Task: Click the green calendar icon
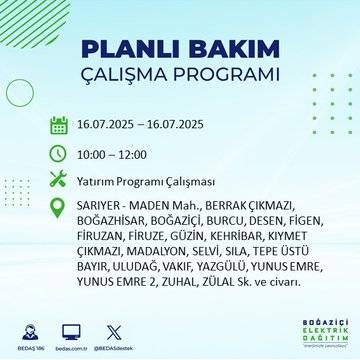coord(58,125)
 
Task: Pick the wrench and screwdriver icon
coord(58,180)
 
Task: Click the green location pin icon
coord(58,207)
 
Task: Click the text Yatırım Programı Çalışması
coord(143,180)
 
